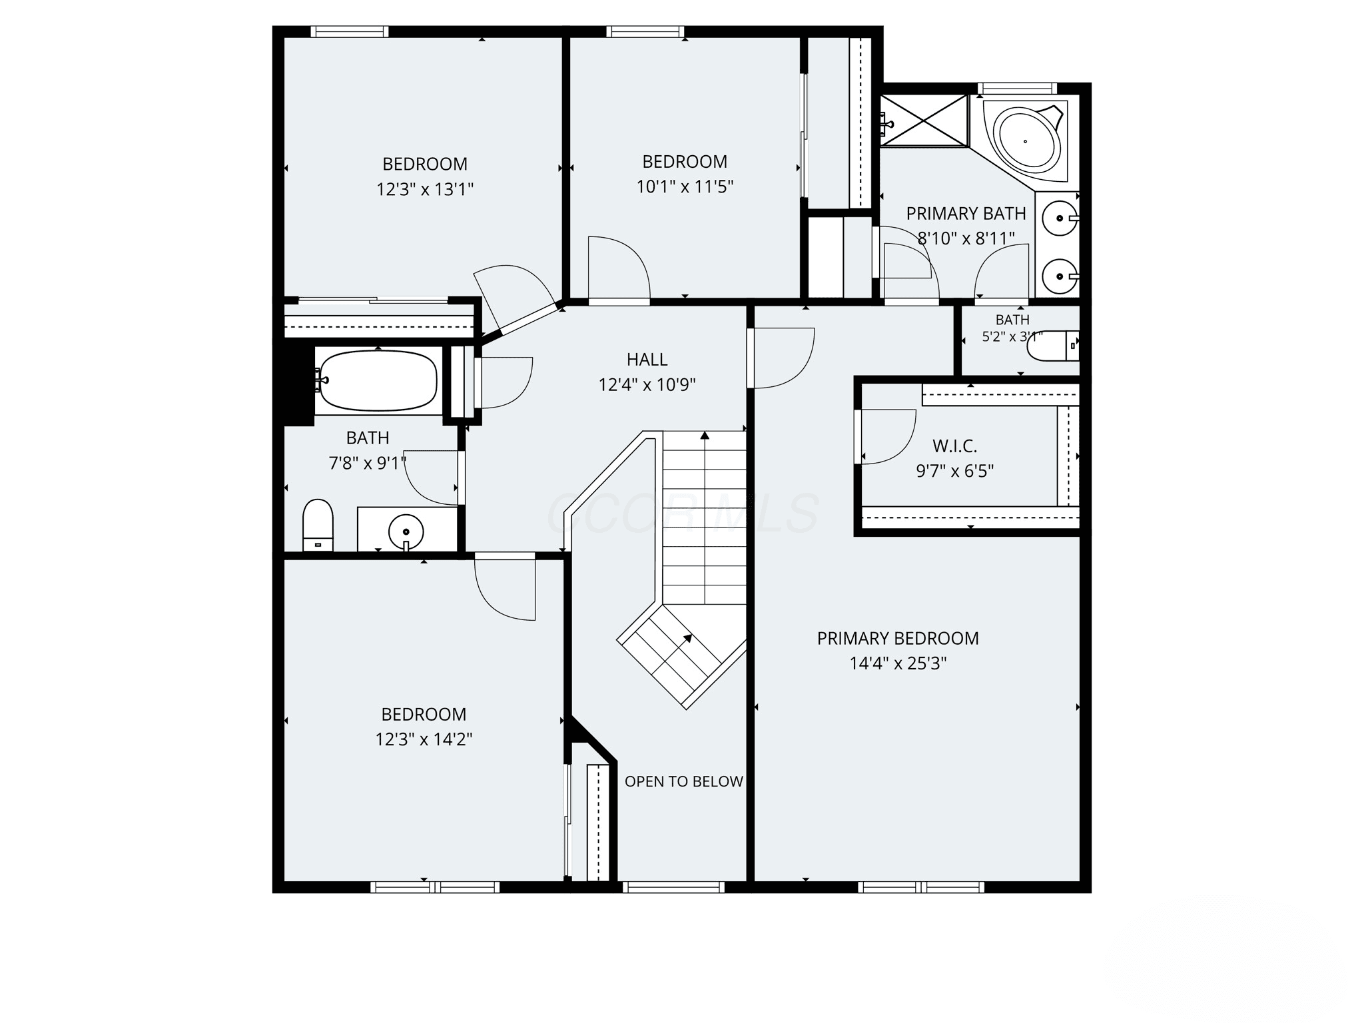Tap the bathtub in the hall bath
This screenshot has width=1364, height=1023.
pyautogui.click(x=378, y=380)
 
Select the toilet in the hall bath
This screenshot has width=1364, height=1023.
pyautogui.click(x=318, y=525)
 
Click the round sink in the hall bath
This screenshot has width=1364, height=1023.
pyautogui.click(x=406, y=531)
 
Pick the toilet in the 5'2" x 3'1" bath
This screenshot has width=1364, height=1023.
pyautogui.click(x=1053, y=346)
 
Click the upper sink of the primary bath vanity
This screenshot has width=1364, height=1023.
pyautogui.click(x=1059, y=218)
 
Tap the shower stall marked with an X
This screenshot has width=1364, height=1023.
pyautogui.click(x=923, y=120)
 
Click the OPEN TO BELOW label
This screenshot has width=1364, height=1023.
pyautogui.click(x=683, y=781)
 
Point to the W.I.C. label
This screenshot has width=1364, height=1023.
pyautogui.click(x=954, y=446)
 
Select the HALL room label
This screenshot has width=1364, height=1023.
pyautogui.click(x=647, y=360)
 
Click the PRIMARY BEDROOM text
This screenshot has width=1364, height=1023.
pyautogui.click(x=898, y=638)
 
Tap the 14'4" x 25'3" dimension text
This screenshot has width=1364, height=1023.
pyautogui.click(x=898, y=663)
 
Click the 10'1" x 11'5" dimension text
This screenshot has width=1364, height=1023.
pyautogui.click(x=685, y=186)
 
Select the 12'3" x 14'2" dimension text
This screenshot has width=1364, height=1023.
pyautogui.click(x=424, y=739)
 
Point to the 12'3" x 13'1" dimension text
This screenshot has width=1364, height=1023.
pyautogui.click(x=425, y=189)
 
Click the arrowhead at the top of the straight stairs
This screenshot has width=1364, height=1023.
pyautogui.click(x=705, y=436)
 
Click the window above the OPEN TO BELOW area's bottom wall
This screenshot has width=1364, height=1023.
pyautogui.click(x=673, y=886)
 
